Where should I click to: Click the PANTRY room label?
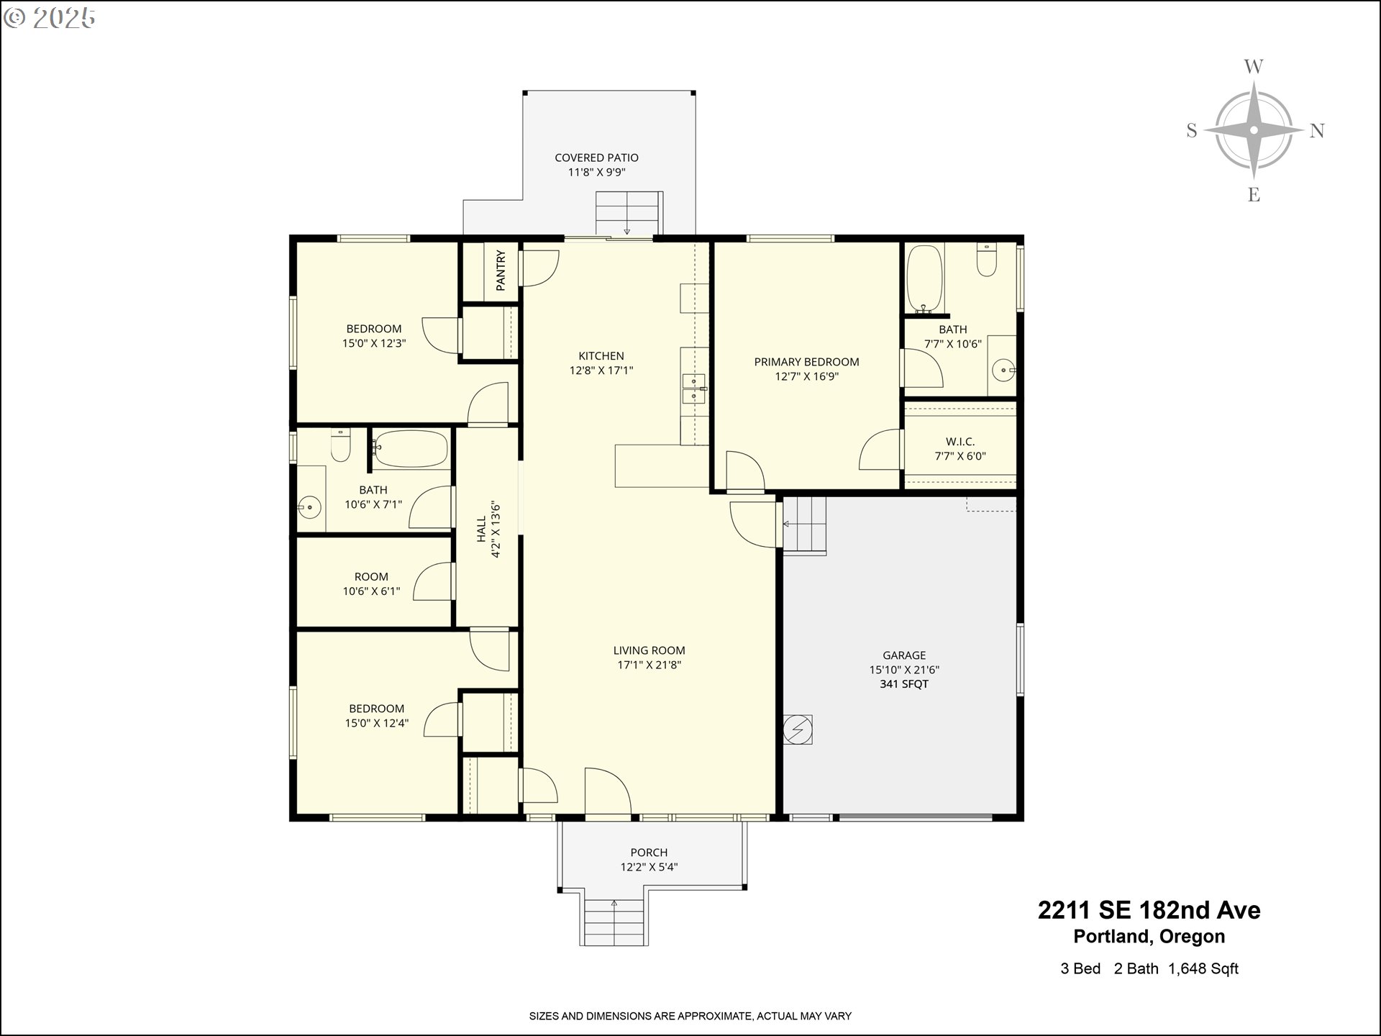tap(501, 271)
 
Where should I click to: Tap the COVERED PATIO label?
tap(596, 158)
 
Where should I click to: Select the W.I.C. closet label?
tap(960, 442)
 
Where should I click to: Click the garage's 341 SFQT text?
tap(904, 684)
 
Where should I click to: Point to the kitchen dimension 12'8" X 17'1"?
tap(601, 371)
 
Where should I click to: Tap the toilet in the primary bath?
tap(987, 260)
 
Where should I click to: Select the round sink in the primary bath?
tap(1003, 371)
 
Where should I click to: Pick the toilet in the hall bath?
tap(340, 445)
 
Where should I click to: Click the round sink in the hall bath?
tap(309, 508)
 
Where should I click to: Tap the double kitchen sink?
tap(694, 388)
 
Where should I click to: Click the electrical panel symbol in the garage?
tap(798, 730)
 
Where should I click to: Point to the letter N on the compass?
tap(1317, 130)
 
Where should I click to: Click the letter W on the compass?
tap(1254, 67)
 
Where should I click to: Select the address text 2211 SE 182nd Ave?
tap(1149, 910)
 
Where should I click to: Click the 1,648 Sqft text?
tap(1203, 969)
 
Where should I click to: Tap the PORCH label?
tap(649, 853)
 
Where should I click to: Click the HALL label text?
tap(481, 530)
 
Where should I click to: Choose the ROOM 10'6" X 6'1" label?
tap(371, 584)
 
